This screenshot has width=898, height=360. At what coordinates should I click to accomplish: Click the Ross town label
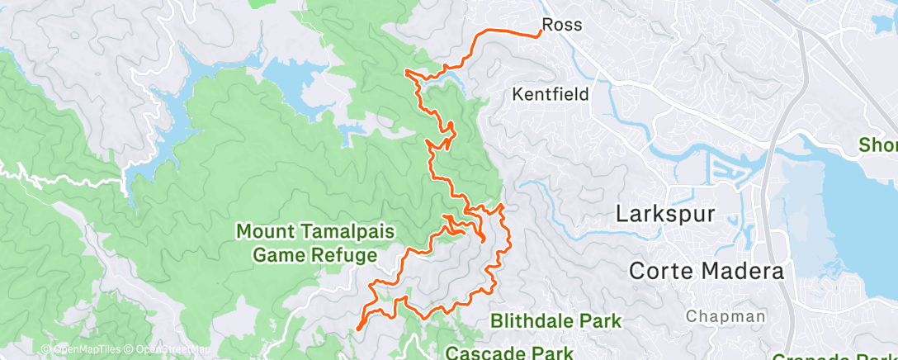[x=562, y=25]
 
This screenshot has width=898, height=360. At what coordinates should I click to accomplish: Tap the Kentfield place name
[x=551, y=94]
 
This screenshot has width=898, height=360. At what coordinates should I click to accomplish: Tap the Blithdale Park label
[x=555, y=320]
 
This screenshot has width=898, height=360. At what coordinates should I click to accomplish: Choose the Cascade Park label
[x=509, y=353]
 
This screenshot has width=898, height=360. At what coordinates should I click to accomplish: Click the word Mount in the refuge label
[x=264, y=231]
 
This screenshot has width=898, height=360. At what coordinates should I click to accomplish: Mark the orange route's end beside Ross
[x=540, y=33]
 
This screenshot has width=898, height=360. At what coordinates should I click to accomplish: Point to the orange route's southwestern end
[x=357, y=329]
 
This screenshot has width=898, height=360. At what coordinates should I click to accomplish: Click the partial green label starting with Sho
[x=877, y=144]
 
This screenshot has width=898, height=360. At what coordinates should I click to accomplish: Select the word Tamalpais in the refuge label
[x=340, y=231]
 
